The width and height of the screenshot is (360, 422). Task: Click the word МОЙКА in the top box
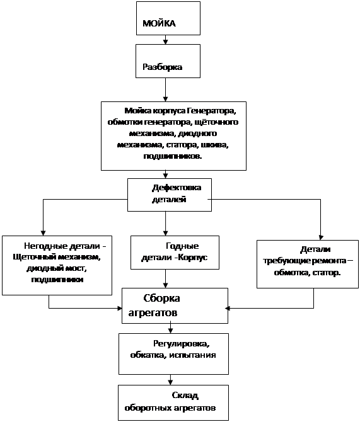coord(159,23)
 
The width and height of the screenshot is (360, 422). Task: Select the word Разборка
coord(162,67)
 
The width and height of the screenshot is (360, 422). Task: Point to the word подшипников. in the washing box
coord(173,156)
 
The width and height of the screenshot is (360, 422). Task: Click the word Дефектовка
coord(177,188)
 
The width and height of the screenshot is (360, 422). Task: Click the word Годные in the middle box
coord(182,246)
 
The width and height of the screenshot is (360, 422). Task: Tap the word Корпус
coord(193,257)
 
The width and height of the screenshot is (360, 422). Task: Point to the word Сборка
coord(161,298)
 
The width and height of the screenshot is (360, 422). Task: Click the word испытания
coord(192,355)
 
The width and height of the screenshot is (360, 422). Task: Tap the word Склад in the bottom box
coord(185,396)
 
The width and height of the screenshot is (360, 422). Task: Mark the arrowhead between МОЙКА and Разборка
coord(165,42)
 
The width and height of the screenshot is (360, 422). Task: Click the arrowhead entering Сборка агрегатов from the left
coord(120,308)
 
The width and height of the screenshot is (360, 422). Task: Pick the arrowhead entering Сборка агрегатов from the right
coord(227,308)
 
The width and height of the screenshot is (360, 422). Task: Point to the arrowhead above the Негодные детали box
coord(43,233)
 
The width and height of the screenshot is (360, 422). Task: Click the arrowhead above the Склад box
coord(170,382)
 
